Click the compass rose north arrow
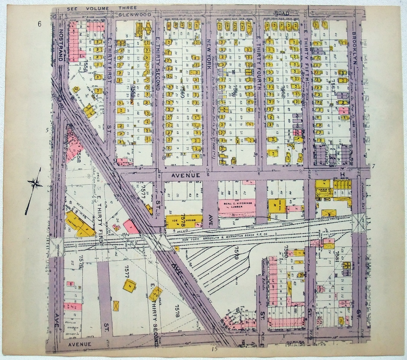pos(35,184)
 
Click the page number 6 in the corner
pos(39,25)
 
